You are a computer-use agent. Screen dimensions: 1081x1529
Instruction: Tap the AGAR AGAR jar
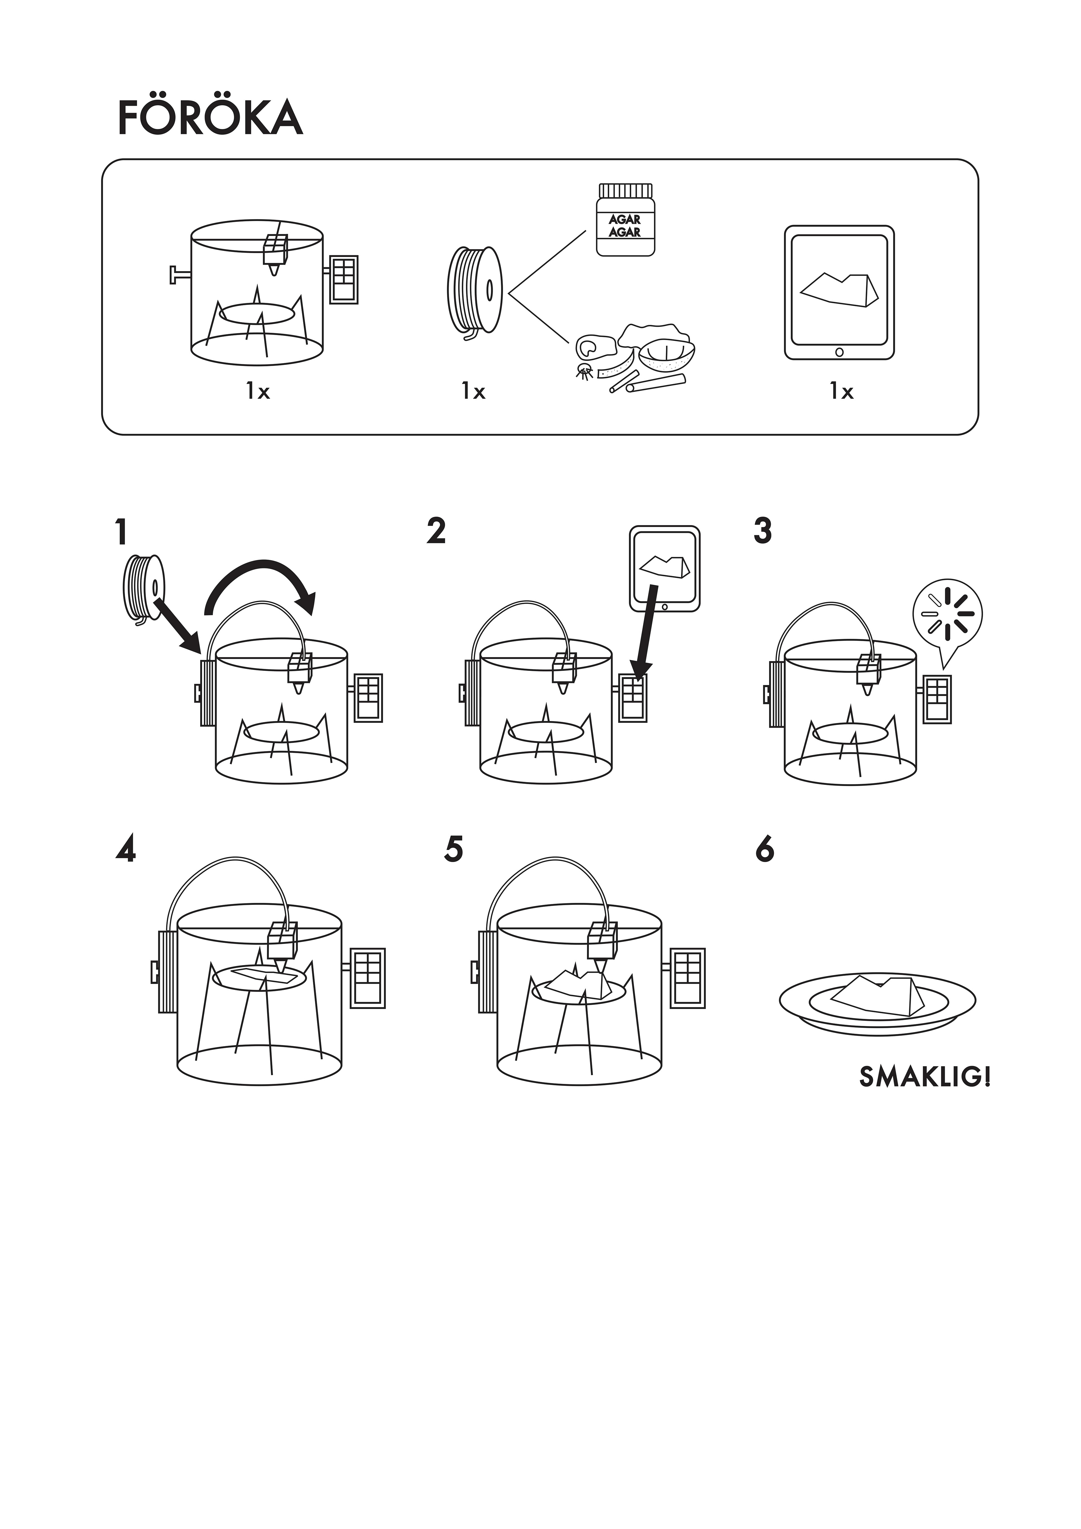pyautogui.click(x=625, y=220)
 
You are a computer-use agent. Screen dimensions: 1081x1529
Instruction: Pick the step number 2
pyautogui.click(x=436, y=532)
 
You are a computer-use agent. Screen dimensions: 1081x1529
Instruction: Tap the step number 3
pyautogui.click(x=763, y=532)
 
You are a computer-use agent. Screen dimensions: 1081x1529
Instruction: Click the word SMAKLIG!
pyautogui.click(x=924, y=1077)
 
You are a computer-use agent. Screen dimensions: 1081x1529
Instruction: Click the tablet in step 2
pyautogui.click(x=665, y=569)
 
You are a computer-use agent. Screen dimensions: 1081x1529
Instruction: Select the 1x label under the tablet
pyautogui.click(x=841, y=392)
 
